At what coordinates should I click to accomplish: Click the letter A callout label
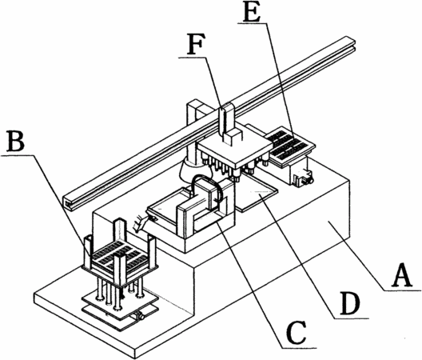point(403,275)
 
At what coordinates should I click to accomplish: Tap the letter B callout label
point(16,141)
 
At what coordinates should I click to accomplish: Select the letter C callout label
point(297,333)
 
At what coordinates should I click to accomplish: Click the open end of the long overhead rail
point(69,202)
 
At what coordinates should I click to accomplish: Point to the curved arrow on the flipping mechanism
point(207,189)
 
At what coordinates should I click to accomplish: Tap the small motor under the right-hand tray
point(303,177)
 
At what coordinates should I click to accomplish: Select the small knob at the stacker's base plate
point(141,316)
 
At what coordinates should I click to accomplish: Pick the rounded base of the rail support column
point(193,170)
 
